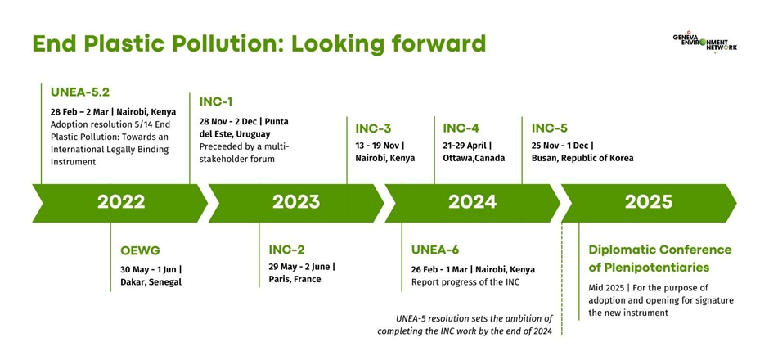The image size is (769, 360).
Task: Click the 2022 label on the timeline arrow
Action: [120, 202]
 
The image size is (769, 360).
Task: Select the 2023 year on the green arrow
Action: [296, 202]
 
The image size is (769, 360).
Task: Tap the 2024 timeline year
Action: [472, 202]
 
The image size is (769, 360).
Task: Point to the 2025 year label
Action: [649, 202]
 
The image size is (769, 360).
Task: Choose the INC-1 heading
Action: [216, 102]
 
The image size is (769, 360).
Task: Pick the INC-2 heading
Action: [286, 250]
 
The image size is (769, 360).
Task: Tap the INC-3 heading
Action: [373, 128]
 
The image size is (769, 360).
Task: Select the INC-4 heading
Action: [461, 128]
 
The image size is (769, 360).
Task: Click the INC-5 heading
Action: [550, 128]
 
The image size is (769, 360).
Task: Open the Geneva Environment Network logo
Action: [704, 43]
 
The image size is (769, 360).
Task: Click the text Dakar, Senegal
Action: [151, 282]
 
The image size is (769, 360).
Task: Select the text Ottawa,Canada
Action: [474, 158]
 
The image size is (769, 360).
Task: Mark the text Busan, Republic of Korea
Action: [582, 158]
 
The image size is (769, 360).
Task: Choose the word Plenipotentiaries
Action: [649, 268]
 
